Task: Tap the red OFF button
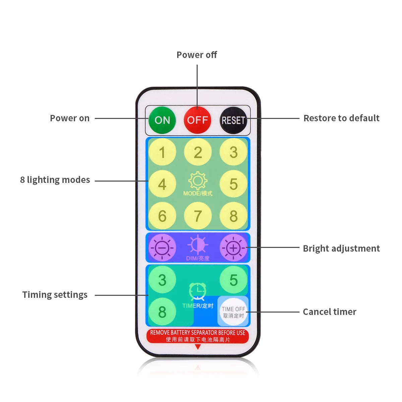(x=198, y=120)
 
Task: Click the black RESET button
(x=233, y=120)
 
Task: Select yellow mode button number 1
(x=162, y=152)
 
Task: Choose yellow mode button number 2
(x=198, y=152)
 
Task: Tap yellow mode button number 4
(x=162, y=184)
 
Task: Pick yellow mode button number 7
(x=198, y=216)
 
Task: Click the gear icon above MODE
(x=198, y=181)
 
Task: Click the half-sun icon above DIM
(x=198, y=245)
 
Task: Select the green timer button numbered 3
(x=162, y=280)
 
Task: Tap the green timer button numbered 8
(x=162, y=312)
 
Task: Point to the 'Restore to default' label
(x=341, y=118)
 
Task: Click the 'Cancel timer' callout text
(x=329, y=312)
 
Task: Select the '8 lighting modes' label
(x=55, y=180)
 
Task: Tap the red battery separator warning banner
(x=198, y=336)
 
